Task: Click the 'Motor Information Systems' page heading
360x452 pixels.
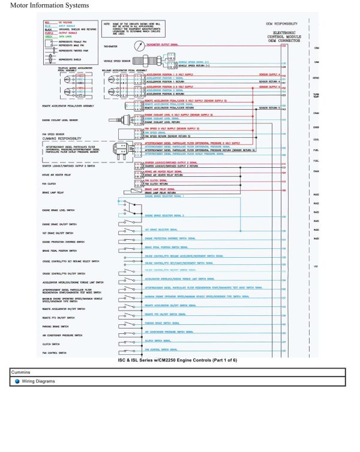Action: (x=49, y=5)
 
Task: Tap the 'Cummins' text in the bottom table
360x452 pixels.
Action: (x=22, y=372)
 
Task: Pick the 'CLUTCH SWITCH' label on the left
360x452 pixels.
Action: (x=50, y=344)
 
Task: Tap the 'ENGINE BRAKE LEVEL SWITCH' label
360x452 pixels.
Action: (x=58, y=212)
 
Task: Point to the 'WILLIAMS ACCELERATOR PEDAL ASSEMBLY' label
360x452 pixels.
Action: (x=124, y=70)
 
